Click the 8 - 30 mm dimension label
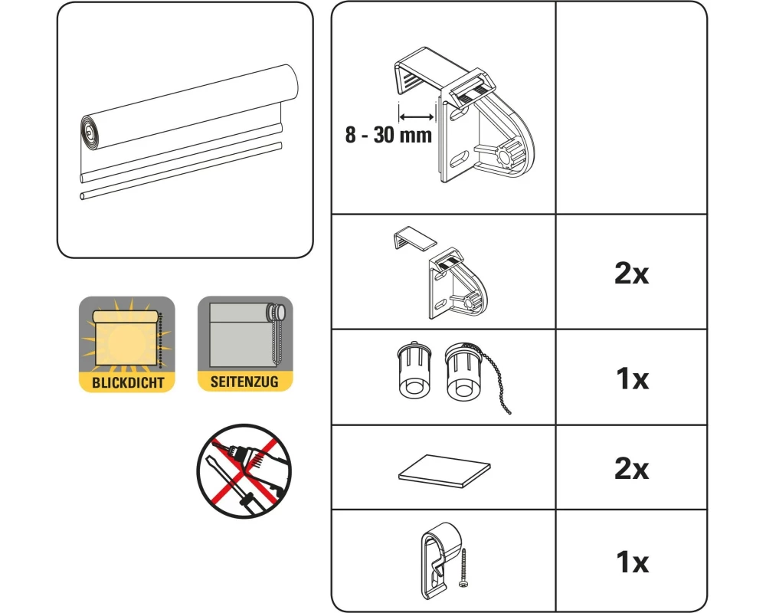[x=388, y=134]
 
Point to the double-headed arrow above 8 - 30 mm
[x=416, y=116]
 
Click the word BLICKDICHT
[x=128, y=382]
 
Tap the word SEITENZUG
[x=245, y=382]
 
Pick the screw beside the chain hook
[x=463, y=568]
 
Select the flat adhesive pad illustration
[x=444, y=471]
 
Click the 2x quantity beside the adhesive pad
[x=632, y=468]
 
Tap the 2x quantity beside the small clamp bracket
[x=632, y=274]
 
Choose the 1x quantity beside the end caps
[x=633, y=379]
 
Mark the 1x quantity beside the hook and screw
[x=633, y=562]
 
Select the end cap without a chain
[x=414, y=369]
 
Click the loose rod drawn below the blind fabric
[x=181, y=171]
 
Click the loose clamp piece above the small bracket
[x=414, y=238]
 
